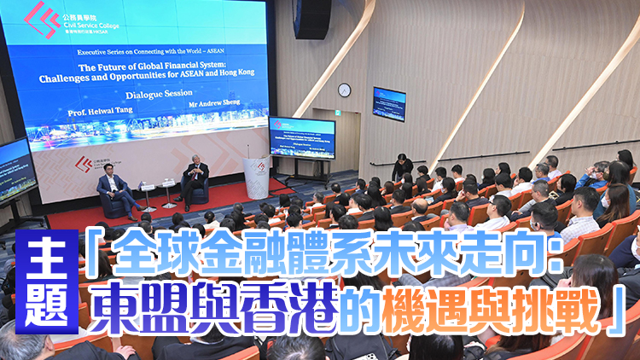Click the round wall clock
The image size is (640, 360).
pyautogui.click(x=344, y=90)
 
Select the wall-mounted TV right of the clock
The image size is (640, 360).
pyautogui.click(x=389, y=103)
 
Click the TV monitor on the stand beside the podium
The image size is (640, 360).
pyautogui.click(x=301, y=136)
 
